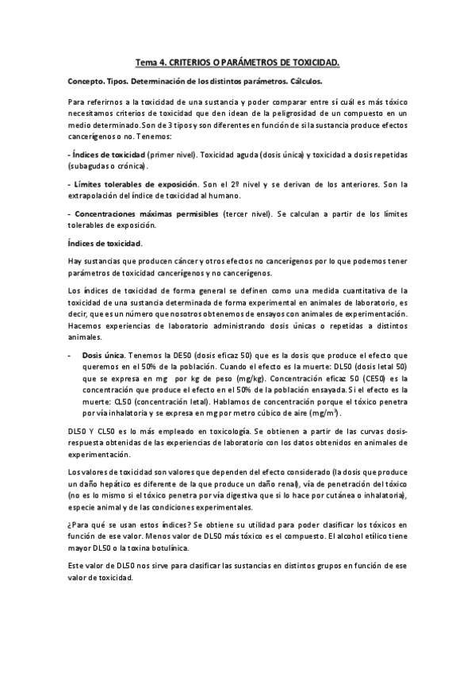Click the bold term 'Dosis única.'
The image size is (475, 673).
click(102, 356)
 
